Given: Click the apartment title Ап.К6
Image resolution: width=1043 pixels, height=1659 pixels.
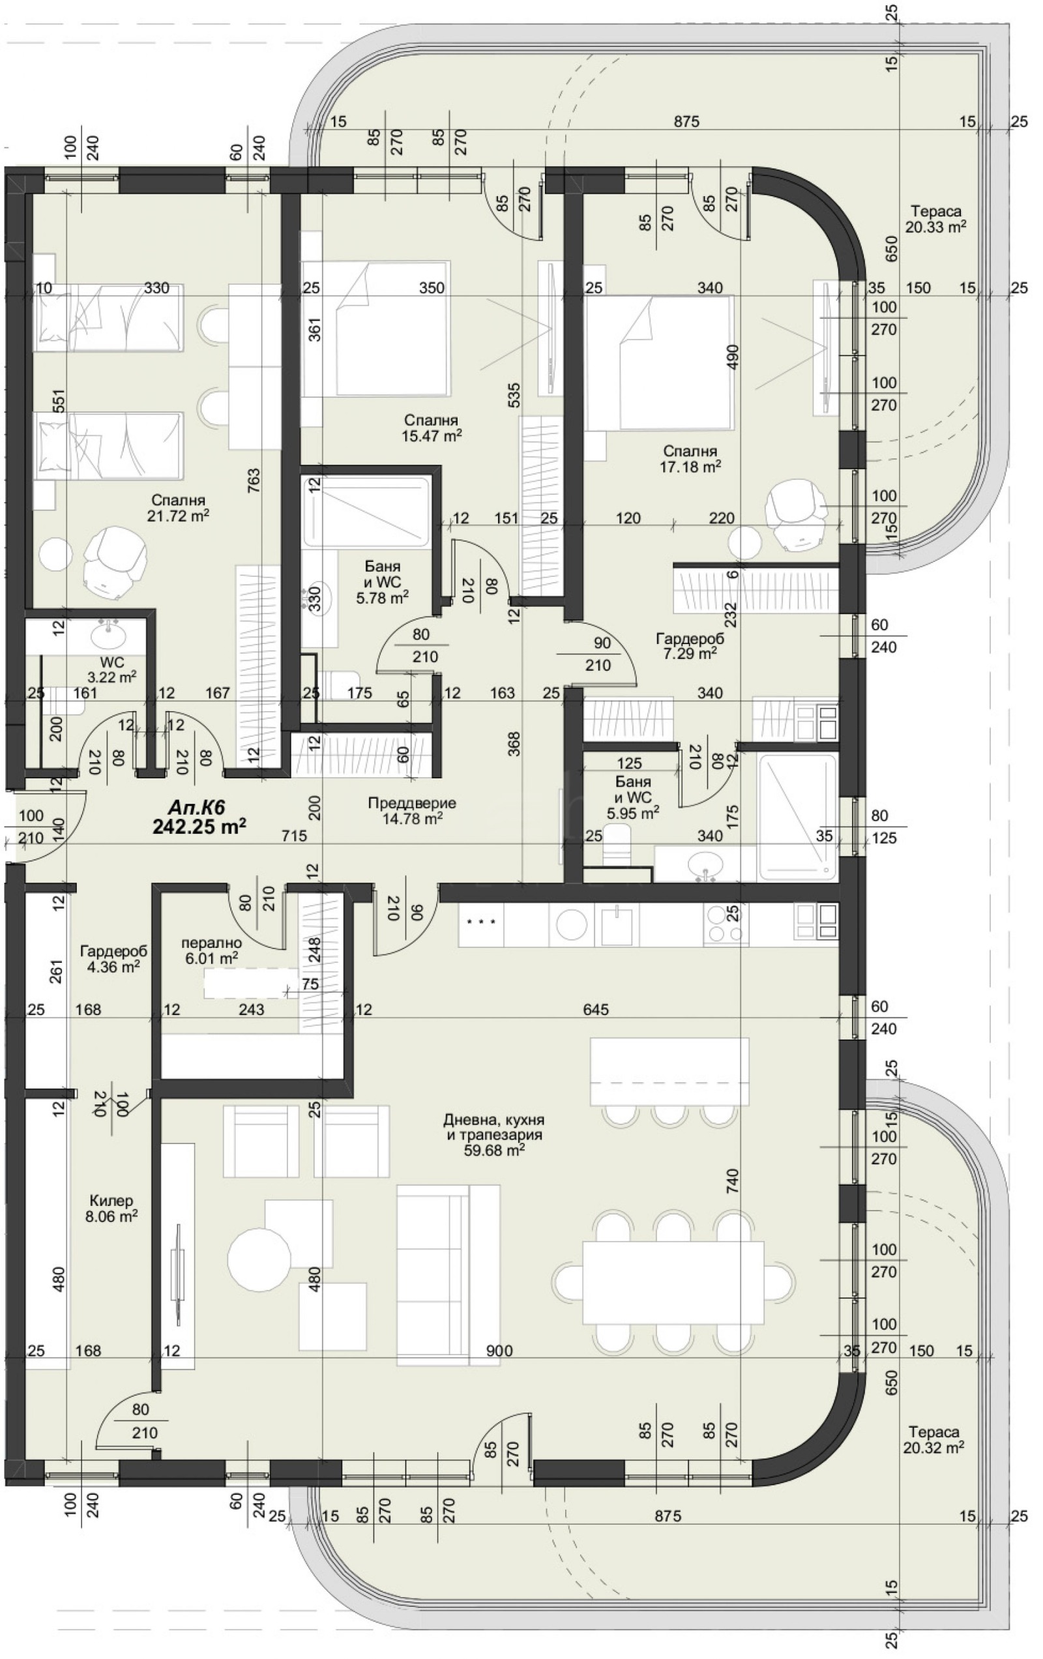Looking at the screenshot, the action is [198, 807].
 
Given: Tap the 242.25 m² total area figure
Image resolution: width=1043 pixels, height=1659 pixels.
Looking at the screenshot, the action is [199, 826].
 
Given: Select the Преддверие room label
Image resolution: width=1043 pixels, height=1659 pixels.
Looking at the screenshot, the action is [412, 802].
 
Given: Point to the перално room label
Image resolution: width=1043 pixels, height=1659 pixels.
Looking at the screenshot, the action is [211, 943].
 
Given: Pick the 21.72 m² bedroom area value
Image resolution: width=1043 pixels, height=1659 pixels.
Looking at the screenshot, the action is [179, 516].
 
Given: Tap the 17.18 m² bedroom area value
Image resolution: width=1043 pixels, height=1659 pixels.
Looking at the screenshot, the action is [690, 467].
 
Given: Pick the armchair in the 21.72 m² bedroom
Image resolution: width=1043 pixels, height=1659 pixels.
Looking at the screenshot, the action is [115, 564].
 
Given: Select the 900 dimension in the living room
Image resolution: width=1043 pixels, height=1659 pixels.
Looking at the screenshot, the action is [499, 1349].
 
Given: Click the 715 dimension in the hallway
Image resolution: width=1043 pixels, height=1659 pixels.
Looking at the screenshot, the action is [294, 836].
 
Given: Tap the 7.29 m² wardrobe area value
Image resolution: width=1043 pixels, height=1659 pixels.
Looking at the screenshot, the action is [690, 653].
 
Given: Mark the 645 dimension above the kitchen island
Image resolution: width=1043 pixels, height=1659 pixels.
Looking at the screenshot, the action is [595, 1009].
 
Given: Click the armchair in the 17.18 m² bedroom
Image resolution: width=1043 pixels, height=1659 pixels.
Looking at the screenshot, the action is [797, 512].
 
